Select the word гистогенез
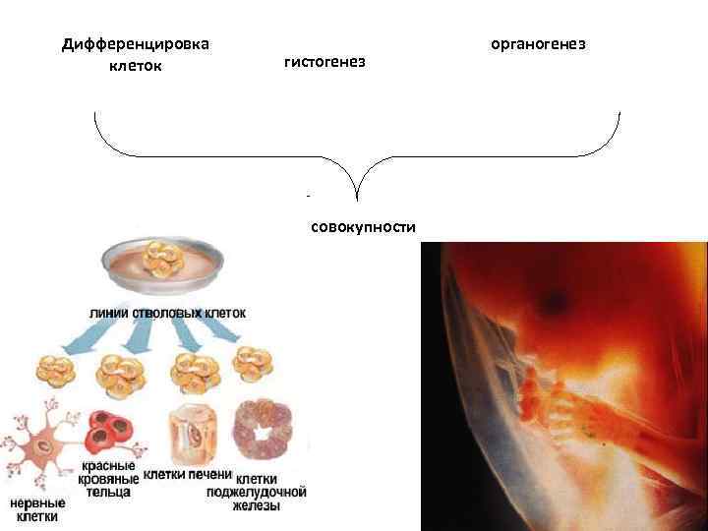[x=324, y=62]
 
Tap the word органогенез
[x=538, y=44]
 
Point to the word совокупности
[x=363, y=228]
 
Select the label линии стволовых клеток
[x=167, y=312]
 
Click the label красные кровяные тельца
[x=109, y=479]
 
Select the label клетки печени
[x=187, y=474]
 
